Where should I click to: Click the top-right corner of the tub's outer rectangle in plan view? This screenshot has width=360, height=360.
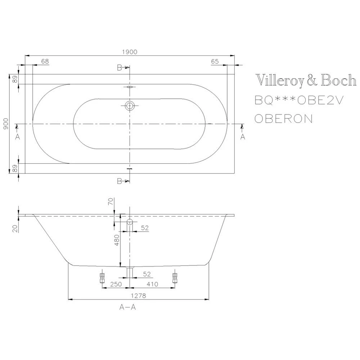[234, 75]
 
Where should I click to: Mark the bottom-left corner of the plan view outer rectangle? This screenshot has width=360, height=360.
[25, 174]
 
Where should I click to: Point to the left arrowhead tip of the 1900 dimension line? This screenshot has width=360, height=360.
[25, 55]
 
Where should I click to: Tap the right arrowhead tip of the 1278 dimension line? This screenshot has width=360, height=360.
[209, 299]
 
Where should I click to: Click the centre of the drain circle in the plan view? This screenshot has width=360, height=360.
[130, 106]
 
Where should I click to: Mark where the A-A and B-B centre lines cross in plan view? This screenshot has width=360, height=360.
[130, 124]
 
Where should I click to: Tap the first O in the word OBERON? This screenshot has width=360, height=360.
[259, 119]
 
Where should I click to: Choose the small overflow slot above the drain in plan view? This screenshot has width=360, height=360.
[130, 87]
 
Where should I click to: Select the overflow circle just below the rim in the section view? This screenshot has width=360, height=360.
[130, 222]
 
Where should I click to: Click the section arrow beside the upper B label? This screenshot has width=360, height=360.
[127, 67]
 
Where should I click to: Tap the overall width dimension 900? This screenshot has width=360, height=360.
[6, 124]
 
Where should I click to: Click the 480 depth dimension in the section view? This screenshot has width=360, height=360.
[117, 240]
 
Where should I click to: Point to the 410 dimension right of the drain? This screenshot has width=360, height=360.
[152, 284]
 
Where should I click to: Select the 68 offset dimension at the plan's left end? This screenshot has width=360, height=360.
[45, 61]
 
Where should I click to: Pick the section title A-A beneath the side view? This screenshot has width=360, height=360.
[128, 307]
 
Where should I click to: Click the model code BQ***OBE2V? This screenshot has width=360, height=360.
[299, 100]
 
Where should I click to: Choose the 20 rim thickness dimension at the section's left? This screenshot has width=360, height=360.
[15, 229]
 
